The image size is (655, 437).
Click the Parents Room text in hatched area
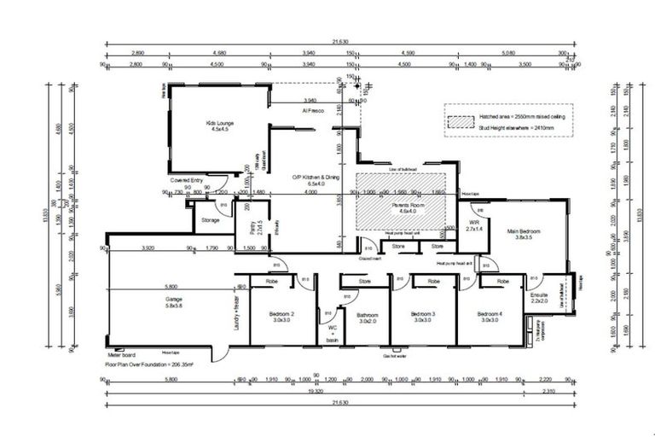405,205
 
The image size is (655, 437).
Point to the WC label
333,326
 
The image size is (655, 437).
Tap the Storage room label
211,220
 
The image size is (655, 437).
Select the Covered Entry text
186,180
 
